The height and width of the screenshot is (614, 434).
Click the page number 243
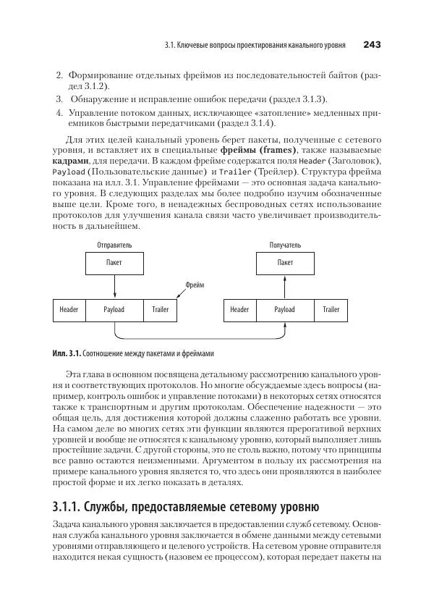point(372,45)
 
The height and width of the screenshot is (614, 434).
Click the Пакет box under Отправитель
point(114,263)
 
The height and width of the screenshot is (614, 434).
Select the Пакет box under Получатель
point(285,263)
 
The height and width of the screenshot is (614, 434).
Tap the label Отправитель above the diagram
point(114,245)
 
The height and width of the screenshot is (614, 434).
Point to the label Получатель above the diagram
point(285,245)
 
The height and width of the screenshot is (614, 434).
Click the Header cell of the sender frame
point(69,310)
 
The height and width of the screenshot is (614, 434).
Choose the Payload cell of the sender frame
point(114,310)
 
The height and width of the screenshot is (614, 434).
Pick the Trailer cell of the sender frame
point(160,310)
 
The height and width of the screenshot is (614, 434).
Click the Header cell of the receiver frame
point(239,310)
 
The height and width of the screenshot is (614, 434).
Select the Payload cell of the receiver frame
point(285,310)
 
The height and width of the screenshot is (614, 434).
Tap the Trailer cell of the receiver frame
point(331,310)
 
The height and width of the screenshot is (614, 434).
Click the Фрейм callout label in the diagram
point(195,285)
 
